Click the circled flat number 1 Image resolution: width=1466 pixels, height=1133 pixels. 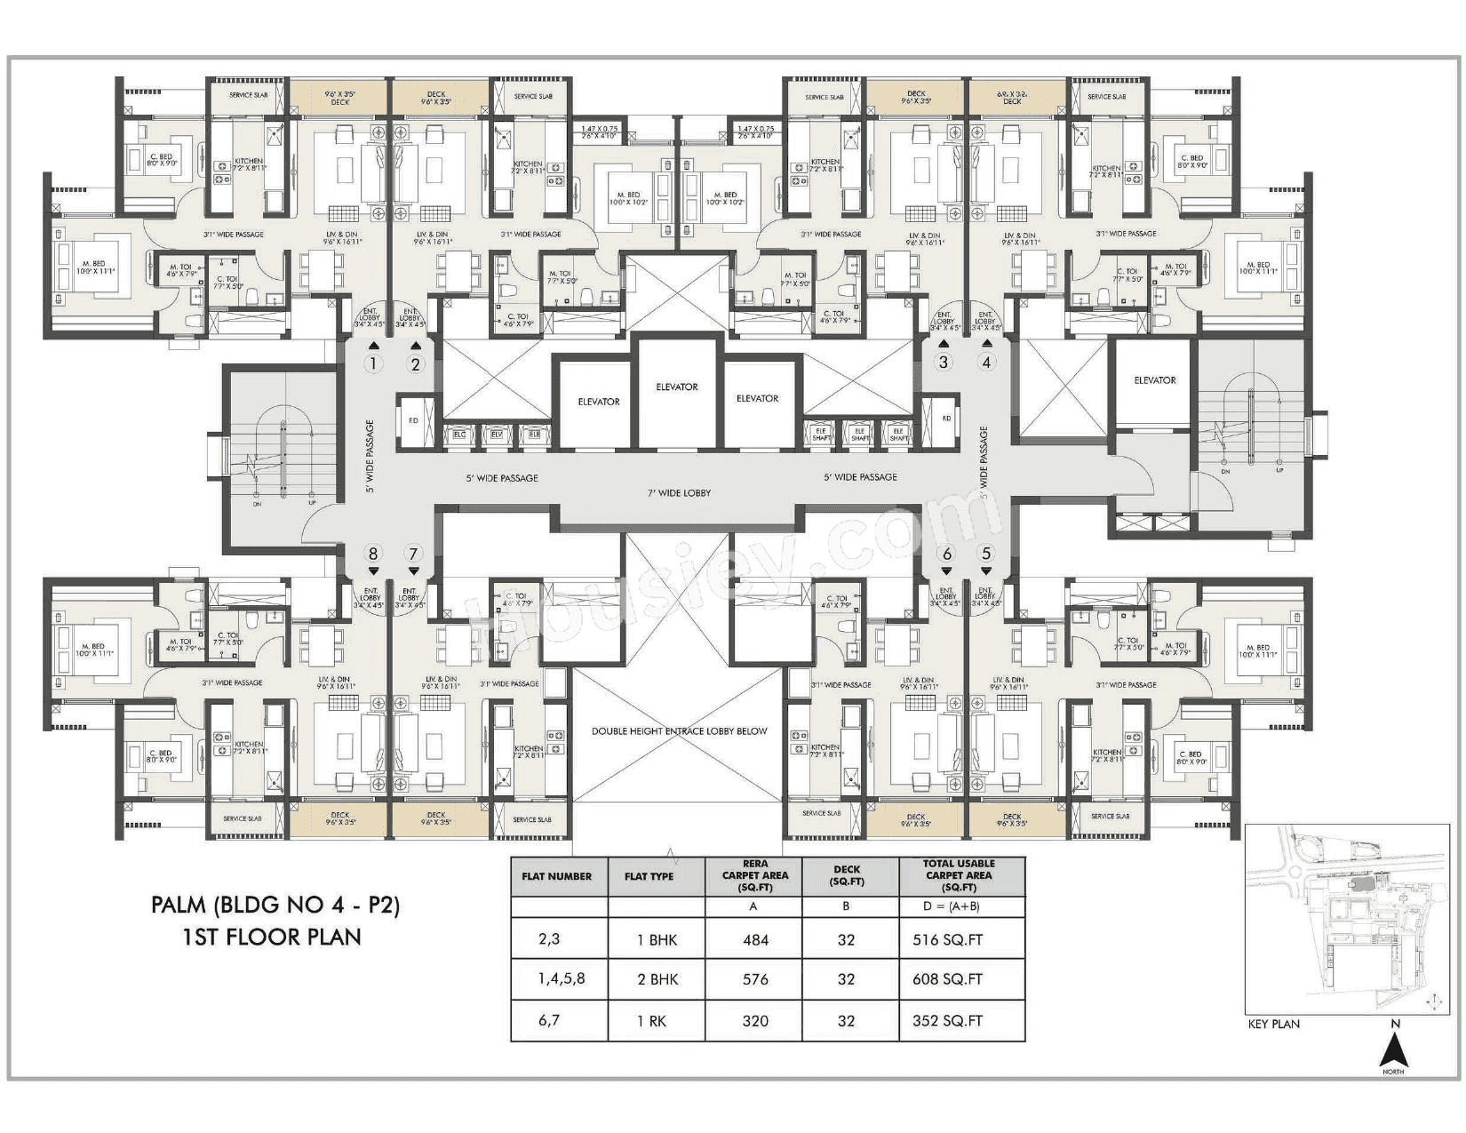(373, 363)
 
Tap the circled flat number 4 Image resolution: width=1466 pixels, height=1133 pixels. (984, 362)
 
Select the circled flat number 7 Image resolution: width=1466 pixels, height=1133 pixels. (412, 554)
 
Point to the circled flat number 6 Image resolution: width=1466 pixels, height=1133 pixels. (946, 554)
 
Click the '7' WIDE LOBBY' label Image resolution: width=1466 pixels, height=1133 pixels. (680, 492)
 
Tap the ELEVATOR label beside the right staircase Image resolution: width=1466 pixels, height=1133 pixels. (1154, 380)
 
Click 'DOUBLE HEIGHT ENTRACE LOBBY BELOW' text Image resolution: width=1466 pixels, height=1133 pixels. (679, 731)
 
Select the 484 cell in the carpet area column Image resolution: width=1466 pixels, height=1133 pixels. (754, 939)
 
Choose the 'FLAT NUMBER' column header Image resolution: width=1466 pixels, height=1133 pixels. (557, 876)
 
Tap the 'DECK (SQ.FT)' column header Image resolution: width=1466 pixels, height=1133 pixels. (846, 875)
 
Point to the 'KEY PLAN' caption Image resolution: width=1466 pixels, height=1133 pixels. (1273, 1024)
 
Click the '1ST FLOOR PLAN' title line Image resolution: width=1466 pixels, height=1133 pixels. (272, 936)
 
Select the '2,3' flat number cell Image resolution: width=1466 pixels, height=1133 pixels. (549, 938)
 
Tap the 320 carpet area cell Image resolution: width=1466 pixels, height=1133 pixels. (754, 1021)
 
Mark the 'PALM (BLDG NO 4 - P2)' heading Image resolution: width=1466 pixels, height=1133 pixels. (275, 906)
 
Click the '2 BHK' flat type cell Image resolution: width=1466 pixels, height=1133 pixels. (657, 979)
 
